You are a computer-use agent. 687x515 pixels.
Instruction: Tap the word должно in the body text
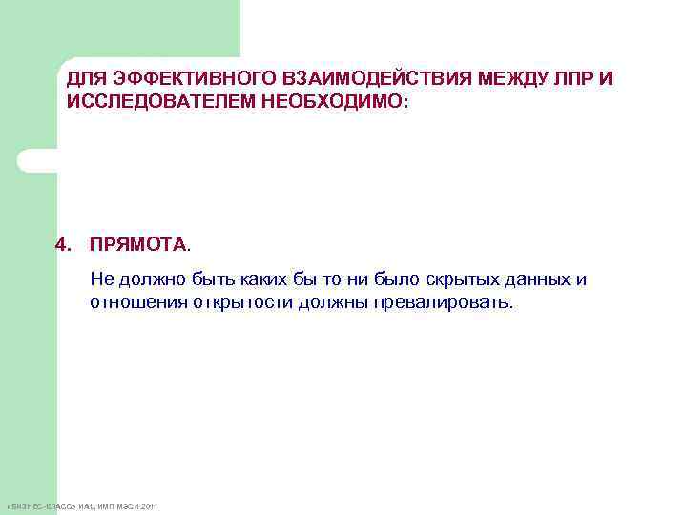click(146, 279)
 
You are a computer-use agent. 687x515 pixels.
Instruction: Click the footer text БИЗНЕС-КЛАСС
click(39, 505)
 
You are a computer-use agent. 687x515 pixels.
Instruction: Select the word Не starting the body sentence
click(101, 279)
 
